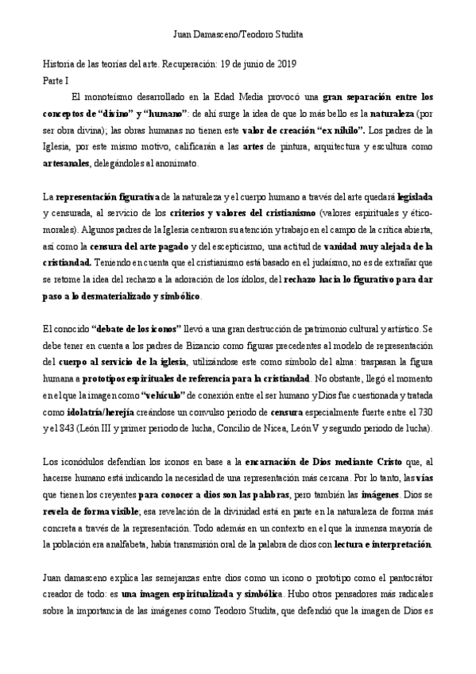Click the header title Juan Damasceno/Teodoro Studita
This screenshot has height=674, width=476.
(238, 35)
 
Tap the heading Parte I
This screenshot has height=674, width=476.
(56, 79)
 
